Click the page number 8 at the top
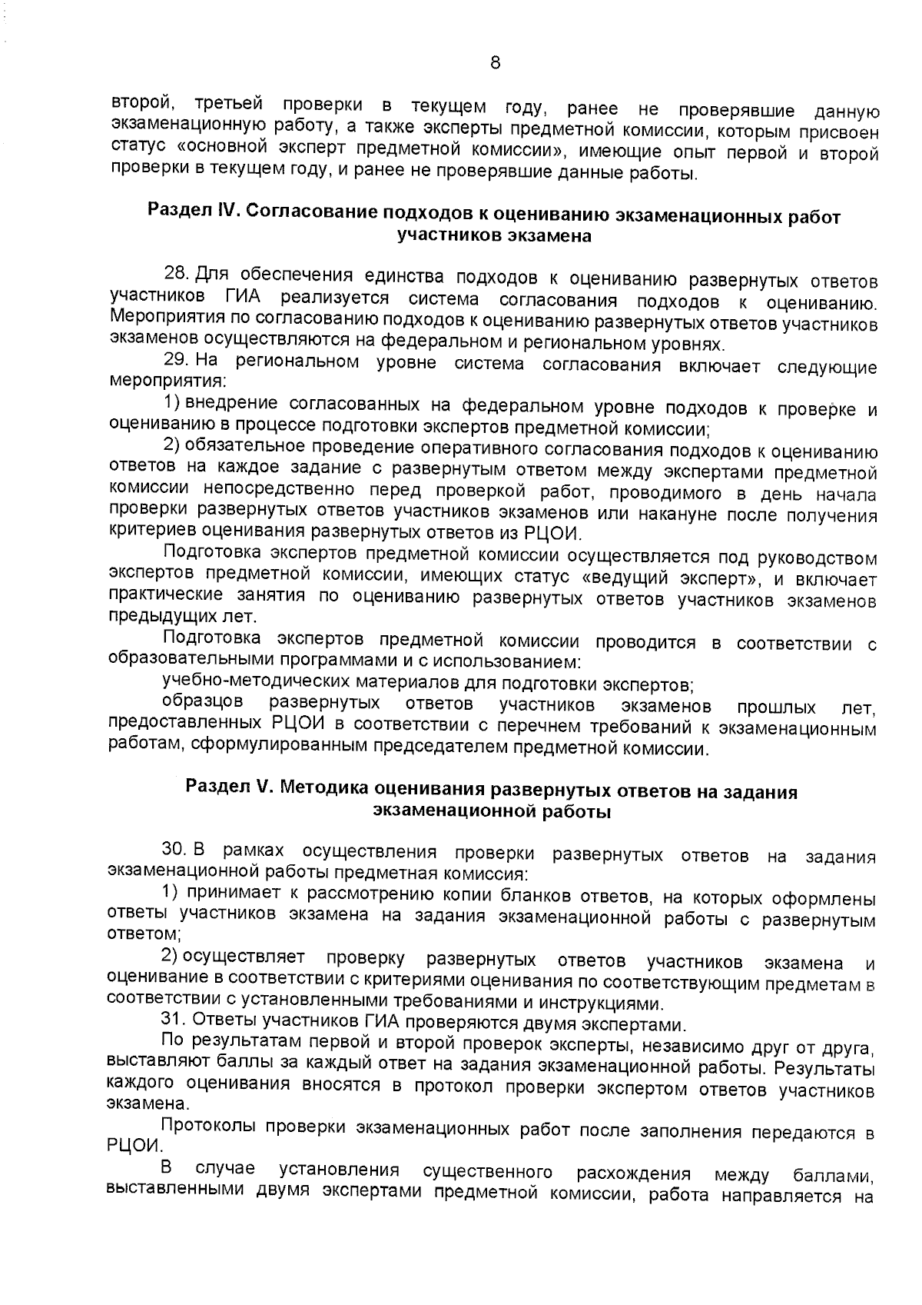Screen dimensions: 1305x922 click(495, 63)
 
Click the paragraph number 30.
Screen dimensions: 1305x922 click(174, 851)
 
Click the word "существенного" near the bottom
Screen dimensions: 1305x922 click(488, 1173)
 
